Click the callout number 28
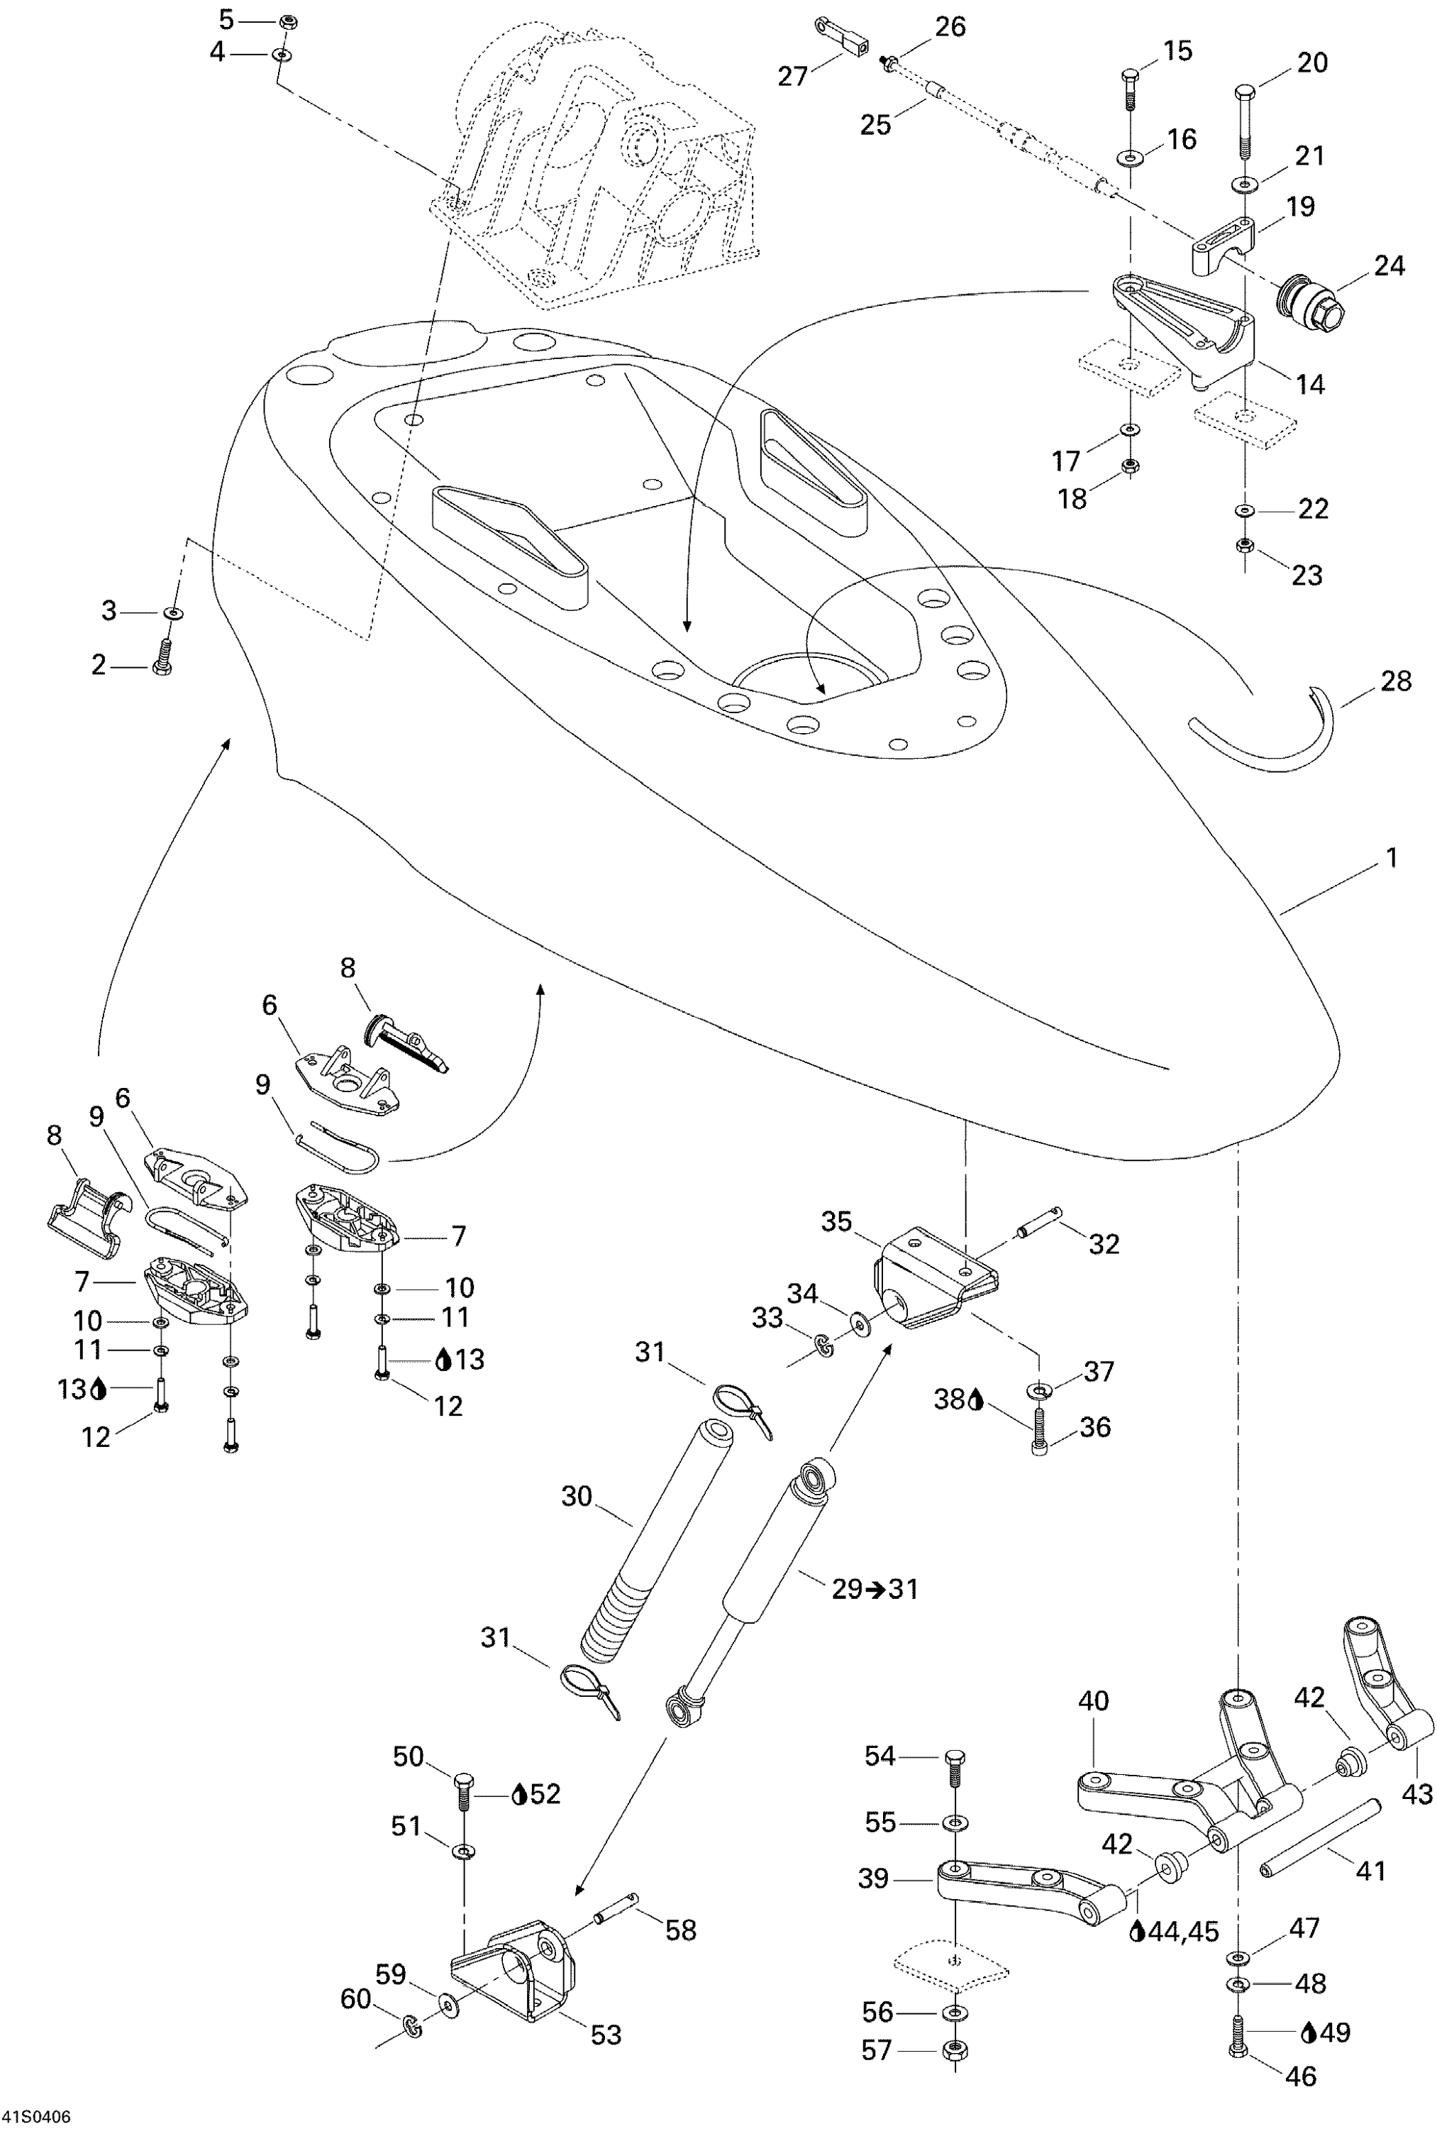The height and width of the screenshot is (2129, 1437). click(1395, 681)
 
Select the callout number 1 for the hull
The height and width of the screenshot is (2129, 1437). click(1391, 859)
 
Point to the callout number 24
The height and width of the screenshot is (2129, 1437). click(1389, 265)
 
